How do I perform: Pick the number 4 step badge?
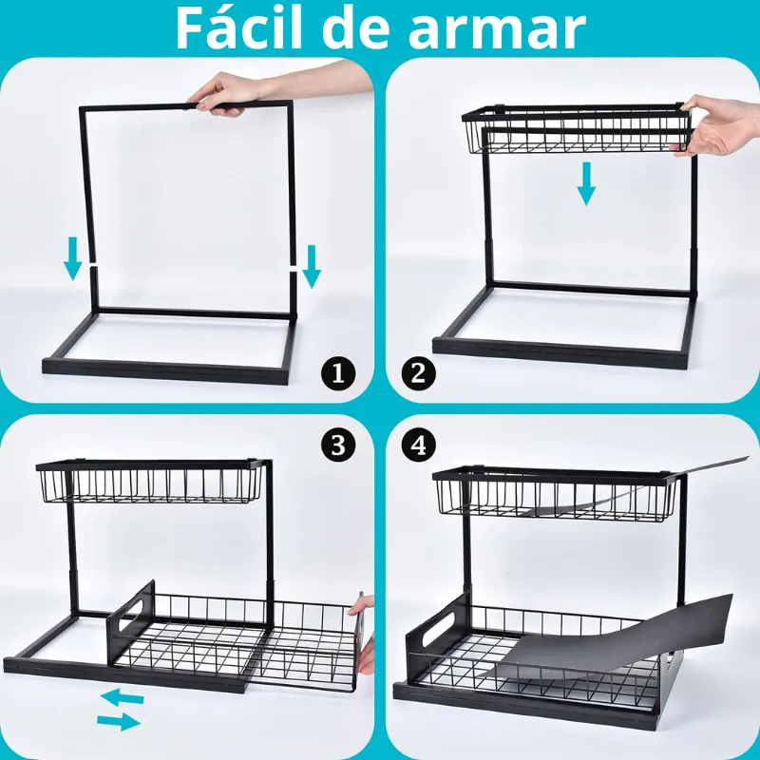418,445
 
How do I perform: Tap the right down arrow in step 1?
311,266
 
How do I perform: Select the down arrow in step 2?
586,183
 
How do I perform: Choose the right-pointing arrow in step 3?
119,722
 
